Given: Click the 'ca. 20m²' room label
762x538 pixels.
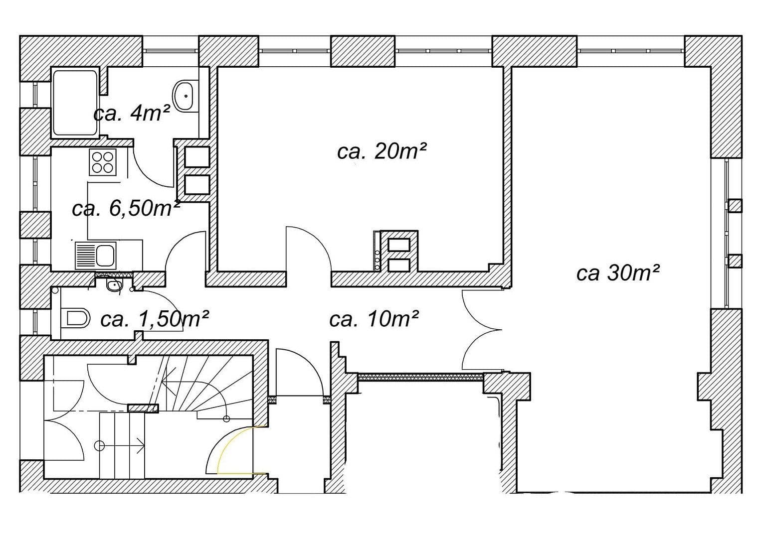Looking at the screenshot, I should click(x=381, y=150).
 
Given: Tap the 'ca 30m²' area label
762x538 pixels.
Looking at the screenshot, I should click(x=618, y=272).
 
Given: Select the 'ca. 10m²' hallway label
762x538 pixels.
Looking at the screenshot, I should click(x=374, y=319).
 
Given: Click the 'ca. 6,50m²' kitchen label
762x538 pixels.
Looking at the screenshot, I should click(x=126, y=208).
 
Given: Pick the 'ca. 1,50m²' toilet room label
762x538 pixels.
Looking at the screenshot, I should click(x=154, y=319).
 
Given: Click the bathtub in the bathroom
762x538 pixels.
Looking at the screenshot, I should click(x=75, y=103).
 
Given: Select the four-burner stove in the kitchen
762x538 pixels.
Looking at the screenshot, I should click(x=103, y=162).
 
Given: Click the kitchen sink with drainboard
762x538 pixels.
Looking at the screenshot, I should click(x=95, y=255).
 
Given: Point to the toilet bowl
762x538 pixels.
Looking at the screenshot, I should click(x=77, y=318).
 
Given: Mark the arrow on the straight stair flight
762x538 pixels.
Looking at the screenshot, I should click(x=122, y=445).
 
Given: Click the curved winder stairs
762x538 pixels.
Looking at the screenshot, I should click(x=199, y=384).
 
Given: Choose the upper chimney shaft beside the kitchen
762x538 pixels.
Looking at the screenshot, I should click(x=197, y=156).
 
